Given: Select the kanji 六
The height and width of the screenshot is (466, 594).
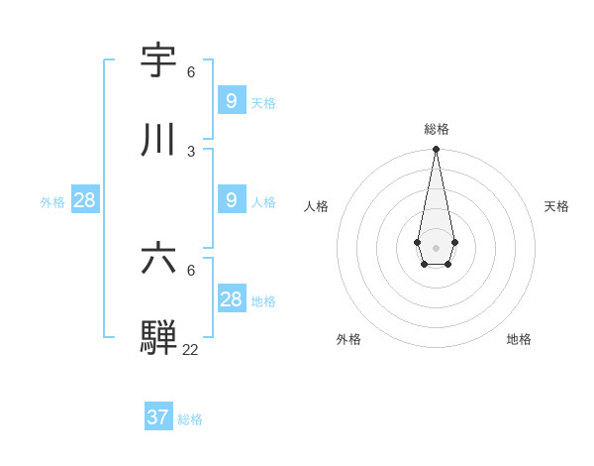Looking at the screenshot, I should tap(158, 259).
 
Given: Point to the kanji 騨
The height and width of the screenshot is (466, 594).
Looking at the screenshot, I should tap(158, 337).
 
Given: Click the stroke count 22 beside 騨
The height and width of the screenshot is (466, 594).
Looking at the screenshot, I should tap(190, 349).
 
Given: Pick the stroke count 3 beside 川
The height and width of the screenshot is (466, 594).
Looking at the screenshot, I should tap(191, 151).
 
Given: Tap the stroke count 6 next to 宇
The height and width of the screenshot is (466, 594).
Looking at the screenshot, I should tap(191, 72).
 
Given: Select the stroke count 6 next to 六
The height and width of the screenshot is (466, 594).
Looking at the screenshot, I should tap(191, 270).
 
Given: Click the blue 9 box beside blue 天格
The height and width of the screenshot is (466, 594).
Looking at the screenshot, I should tap(231, 100).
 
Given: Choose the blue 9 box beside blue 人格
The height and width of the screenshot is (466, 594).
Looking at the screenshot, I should tap(231, 199).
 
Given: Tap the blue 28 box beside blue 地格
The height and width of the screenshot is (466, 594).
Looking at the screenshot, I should tap(231, 298).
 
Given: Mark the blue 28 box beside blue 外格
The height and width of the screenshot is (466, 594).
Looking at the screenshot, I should tap(84, 199).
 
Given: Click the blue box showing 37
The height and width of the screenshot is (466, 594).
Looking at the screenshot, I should tap(158, 417).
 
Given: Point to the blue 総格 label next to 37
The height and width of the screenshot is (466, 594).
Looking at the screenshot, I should tap(190, 419).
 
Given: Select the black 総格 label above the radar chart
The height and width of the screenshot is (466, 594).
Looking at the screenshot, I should tap(436, 129).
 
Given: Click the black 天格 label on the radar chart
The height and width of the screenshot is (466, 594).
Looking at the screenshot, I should tap(556, 206).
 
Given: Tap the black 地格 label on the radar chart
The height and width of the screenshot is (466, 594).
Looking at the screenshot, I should tap(519, 339).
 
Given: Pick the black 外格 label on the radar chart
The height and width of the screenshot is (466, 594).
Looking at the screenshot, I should tap(348, 339).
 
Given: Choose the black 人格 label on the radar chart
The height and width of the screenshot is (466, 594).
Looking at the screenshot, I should tap(316, 206).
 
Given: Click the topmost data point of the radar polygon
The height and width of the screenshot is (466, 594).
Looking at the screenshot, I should tap(436, 149).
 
